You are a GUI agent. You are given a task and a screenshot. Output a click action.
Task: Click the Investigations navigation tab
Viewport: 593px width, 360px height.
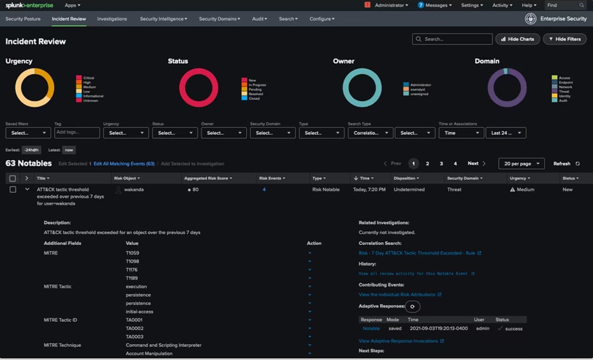(112, 19)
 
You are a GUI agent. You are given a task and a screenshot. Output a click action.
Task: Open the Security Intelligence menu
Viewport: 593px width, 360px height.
(163, 19)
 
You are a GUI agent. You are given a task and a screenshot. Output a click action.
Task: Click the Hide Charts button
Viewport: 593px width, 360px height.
(517, 39)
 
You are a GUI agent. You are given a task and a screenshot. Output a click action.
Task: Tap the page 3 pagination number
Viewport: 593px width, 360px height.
(441, 164)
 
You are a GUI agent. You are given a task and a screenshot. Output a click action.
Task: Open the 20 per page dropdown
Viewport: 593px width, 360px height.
(521, 164)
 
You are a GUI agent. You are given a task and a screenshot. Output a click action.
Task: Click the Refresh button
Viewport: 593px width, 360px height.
(565, 164)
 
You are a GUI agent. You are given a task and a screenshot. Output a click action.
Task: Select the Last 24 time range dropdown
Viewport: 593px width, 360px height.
(506, 133)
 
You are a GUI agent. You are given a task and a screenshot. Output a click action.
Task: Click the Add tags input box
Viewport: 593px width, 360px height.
(77, 133)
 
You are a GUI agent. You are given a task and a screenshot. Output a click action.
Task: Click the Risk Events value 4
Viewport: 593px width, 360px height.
(264, 189)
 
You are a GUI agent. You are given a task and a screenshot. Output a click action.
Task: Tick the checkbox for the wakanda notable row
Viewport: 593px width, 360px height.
(13, 189)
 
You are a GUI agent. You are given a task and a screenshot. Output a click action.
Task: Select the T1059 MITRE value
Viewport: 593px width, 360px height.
(133, 253)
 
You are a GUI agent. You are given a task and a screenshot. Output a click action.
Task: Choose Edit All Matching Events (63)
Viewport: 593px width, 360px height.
(124, 164)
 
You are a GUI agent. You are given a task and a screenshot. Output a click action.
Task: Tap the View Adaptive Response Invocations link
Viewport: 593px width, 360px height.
(398, 341)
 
